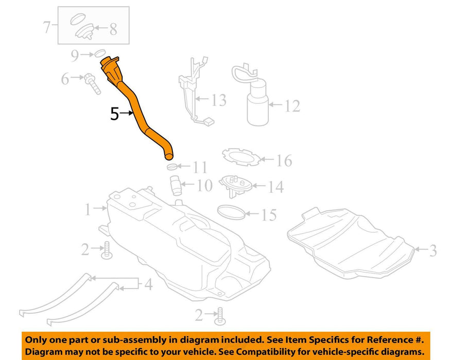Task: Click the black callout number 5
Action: pyautogui.click(x=114, y=114)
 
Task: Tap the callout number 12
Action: pyautogui.click(x=292, y=106)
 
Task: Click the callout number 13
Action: pyautogui.click(x=218, y=100)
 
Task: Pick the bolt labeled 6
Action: pyautogui.click(x=92, y=83)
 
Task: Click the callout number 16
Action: pyautogui.click(x=284, y=160)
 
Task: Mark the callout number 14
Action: pyautogui.click(x=276, y=187)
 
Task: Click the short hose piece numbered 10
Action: pyautogui.click(x=176, y=186)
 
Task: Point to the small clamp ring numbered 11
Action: pyautogui.click(x=172, y=167)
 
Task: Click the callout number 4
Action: pyautogui.click(x=148, y=284)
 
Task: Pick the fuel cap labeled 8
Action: pyautogui.click(x=84, y=31)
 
